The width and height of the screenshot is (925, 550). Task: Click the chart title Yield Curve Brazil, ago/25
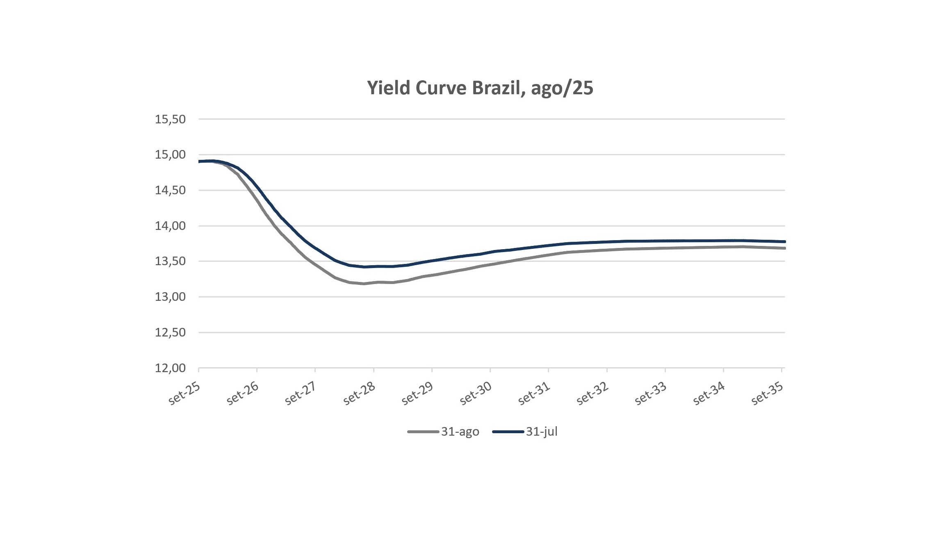click(480, 88)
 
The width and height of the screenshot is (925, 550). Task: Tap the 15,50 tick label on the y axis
click(170, 119)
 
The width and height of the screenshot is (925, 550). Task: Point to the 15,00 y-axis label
click(170, 155)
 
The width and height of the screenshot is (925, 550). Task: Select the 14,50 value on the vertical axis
click(170, 190)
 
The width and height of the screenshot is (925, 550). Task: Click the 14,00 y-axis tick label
click(170, 226)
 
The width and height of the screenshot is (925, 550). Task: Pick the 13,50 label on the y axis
click(170, 261)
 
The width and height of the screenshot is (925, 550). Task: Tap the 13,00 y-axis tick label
click(170, 297)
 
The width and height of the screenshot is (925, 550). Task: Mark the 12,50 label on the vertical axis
click(170, 332)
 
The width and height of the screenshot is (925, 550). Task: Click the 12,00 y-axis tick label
click(170, 368)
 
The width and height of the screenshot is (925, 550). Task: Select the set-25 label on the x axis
click(184, 394)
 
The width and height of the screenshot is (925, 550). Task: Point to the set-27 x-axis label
click(301, 394)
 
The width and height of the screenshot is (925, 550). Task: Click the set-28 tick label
click(359, 394)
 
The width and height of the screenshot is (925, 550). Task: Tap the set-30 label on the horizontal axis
click(476, 394)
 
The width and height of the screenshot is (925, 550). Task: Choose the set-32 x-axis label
click(592, 394)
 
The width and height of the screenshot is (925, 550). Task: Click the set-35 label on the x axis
click(767, 394)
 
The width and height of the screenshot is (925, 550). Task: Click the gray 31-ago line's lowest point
click(364, 284)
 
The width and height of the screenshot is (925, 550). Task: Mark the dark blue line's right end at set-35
click(784, 242)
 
